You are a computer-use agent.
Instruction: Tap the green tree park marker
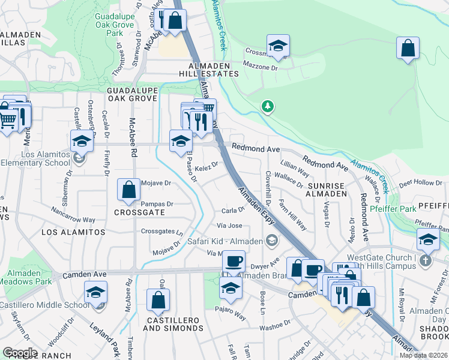click(268, 107)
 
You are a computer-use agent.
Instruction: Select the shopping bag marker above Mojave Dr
click(129, 190)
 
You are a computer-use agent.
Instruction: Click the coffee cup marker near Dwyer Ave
click(234, 262)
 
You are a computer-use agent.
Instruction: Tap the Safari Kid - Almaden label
click(225, 241)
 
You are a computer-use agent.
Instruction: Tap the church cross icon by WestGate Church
click(425, 260)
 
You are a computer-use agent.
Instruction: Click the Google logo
click(20, 353)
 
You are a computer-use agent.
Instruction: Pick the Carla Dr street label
click(233, 210)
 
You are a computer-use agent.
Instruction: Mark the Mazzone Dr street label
click(279, 68)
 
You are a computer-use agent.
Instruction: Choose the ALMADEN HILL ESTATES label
click(213, 69)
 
